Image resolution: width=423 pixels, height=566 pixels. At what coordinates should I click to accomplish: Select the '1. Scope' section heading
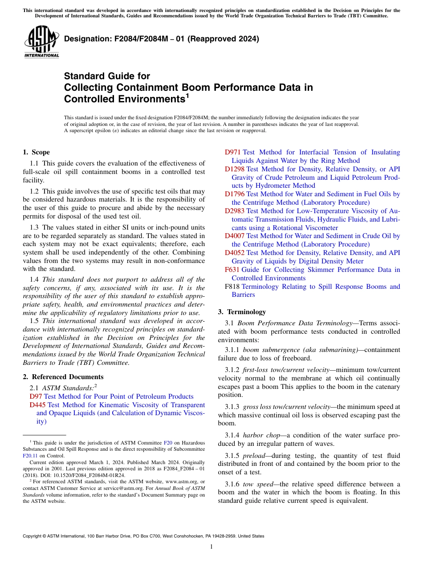36,152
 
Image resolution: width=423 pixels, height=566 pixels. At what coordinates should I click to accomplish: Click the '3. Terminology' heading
242,311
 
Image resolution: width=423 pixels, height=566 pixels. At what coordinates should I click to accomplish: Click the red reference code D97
36,396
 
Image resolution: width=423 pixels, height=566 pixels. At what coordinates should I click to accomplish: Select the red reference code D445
37,405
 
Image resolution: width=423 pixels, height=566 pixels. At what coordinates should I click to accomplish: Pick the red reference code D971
232,152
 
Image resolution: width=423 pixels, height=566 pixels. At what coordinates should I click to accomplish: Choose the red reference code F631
232,270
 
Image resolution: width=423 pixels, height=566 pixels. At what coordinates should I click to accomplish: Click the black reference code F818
232,287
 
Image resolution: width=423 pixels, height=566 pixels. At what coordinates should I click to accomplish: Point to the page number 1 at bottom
211,546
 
